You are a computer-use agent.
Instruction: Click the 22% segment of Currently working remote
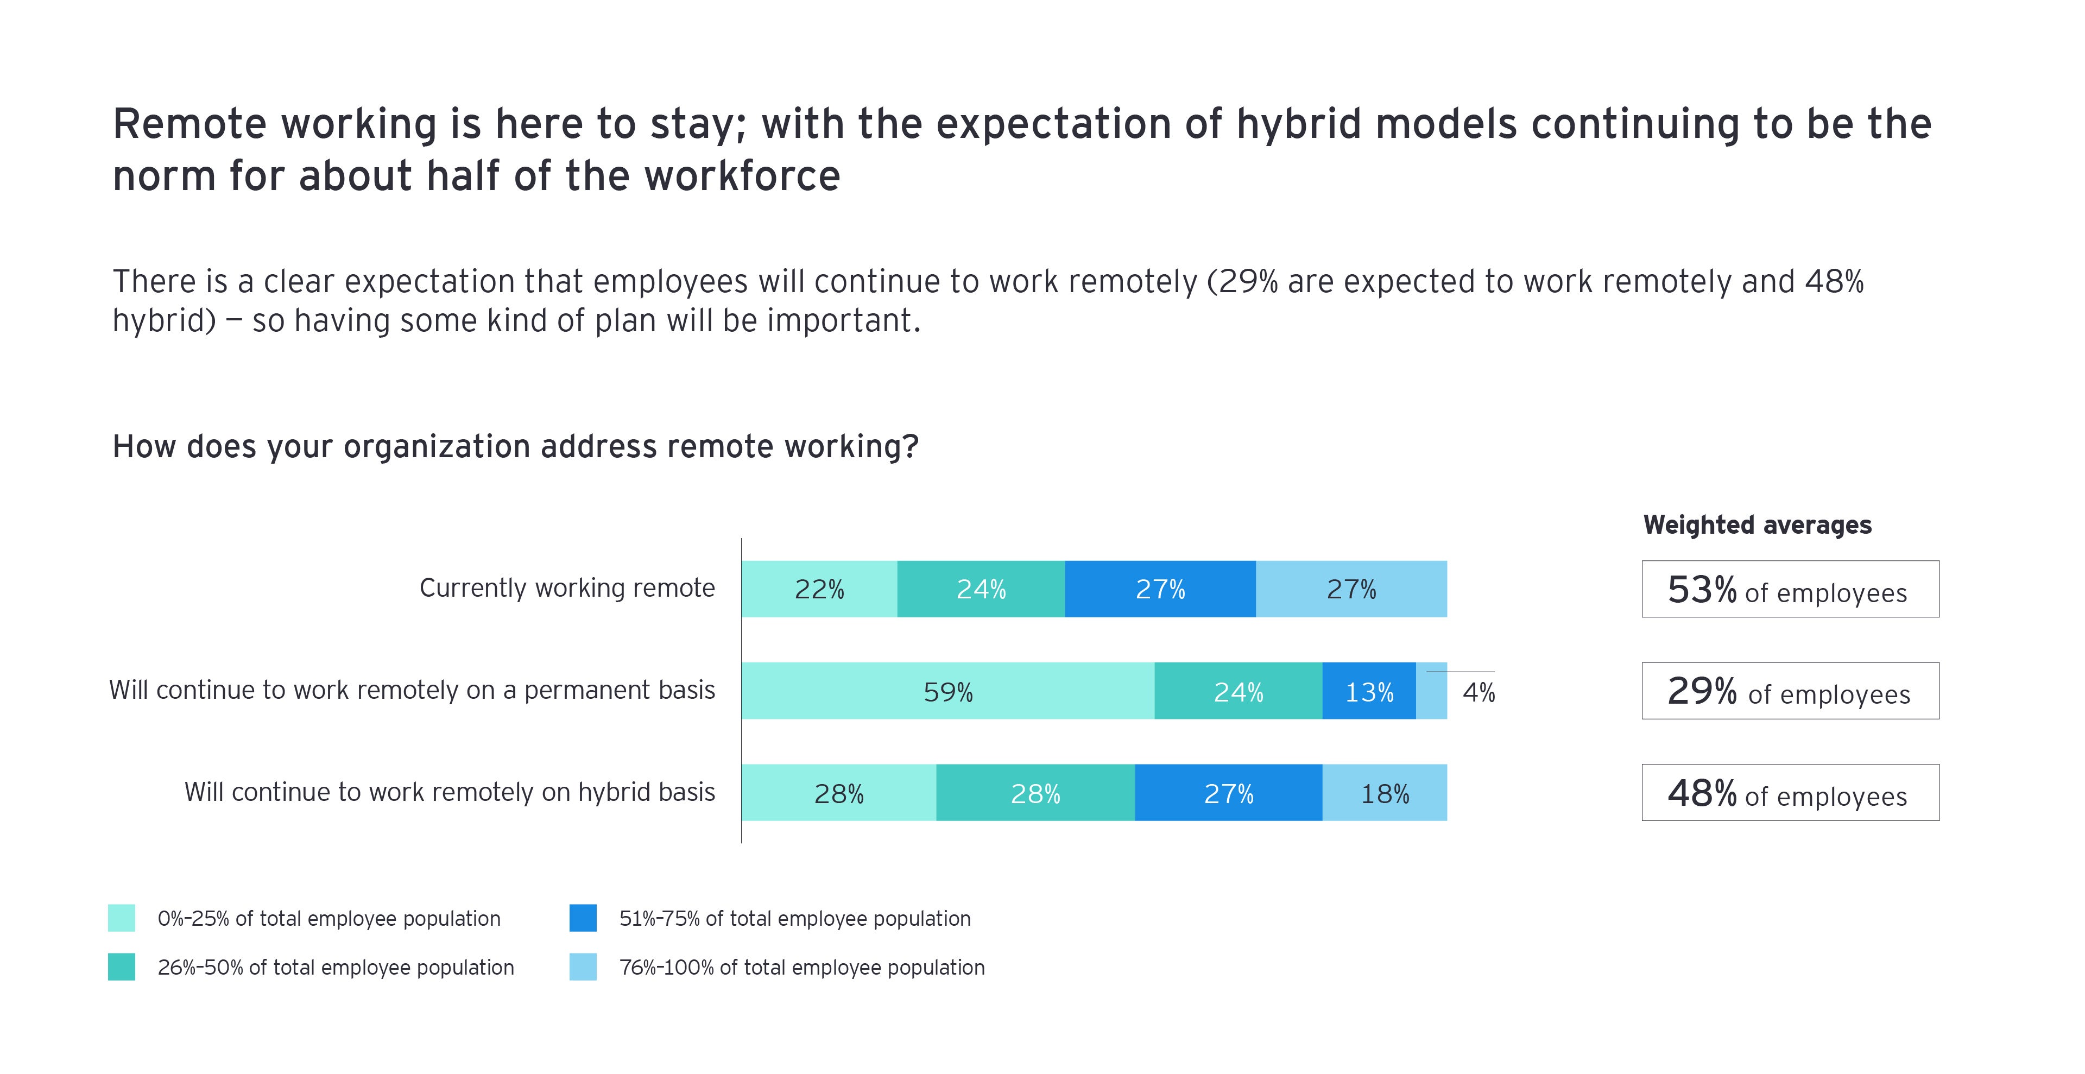(819, 589)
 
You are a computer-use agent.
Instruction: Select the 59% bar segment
(948, 691)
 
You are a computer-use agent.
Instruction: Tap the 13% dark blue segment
(1369, 691)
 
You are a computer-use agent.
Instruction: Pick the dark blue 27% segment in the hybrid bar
(1228, 793)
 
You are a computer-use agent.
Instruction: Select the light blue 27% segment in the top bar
(1351, 589)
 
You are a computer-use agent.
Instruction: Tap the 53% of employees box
(1790, 589)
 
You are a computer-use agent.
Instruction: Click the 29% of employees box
(1790, 691)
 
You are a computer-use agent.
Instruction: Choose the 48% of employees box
(1790, 793)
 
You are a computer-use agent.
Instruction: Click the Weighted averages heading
(1757, 525)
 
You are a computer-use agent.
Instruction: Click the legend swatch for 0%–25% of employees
(122, 918)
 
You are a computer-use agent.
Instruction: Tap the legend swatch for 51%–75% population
(583, 918)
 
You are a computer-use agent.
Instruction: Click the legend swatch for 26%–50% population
(122, 967)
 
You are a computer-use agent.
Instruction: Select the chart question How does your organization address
(515, 447)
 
